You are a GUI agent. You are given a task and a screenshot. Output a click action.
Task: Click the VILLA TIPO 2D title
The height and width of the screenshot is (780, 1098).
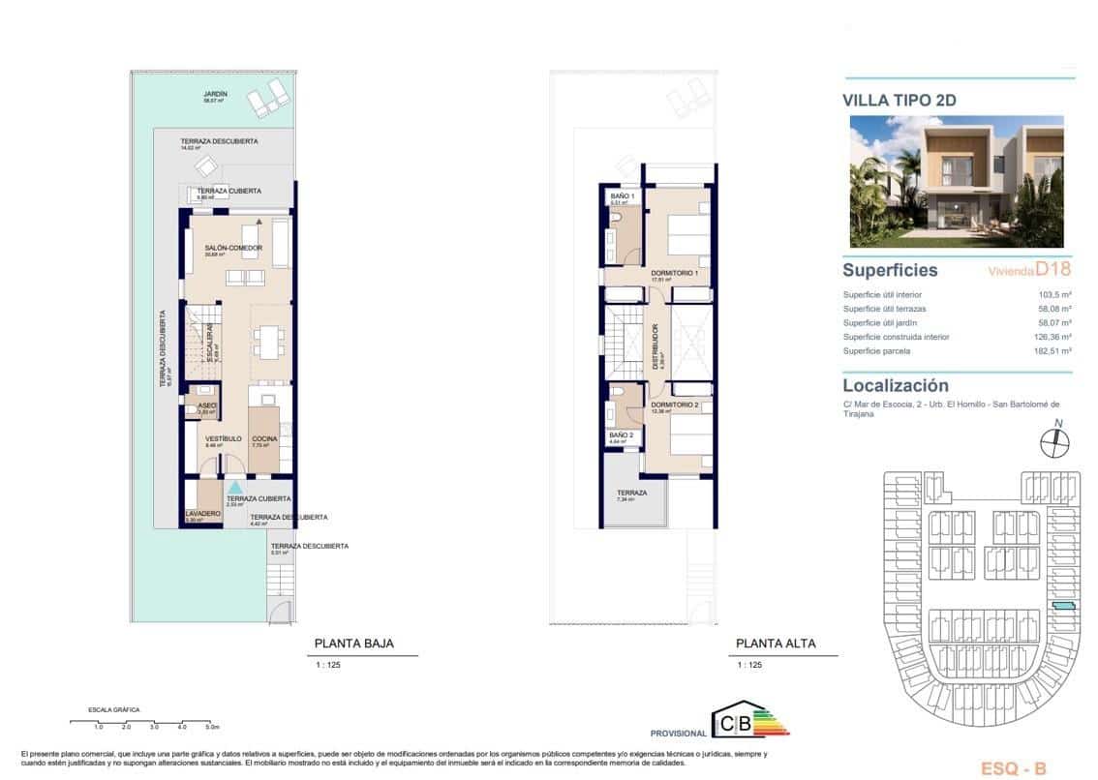coord(901,99)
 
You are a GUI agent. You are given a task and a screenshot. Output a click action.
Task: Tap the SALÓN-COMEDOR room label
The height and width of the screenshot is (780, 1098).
coord(233,249)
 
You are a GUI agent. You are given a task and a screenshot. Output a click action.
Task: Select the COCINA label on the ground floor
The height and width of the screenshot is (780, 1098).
coord(264,439)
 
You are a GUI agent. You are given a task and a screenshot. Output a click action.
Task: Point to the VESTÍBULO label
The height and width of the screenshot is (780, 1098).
coord(222,439)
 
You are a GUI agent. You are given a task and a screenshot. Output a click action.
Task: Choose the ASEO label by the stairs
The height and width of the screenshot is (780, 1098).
coord(207,405)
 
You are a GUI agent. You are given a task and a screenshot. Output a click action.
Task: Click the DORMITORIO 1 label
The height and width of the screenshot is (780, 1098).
coord(675,273)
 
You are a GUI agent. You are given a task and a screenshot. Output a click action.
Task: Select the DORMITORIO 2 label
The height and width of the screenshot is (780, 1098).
coord(675,404)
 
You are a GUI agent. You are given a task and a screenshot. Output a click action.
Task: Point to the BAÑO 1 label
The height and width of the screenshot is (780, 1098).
coord(622,196)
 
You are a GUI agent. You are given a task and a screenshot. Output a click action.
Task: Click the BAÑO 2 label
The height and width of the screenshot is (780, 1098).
coord(621,436)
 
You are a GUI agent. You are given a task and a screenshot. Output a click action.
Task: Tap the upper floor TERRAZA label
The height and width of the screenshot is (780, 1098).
coord(631,494)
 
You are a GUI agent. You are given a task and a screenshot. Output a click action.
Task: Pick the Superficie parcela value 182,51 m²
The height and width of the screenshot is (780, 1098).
coord(1054,351)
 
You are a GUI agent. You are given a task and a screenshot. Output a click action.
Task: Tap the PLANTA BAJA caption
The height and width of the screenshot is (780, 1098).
coord(353,644)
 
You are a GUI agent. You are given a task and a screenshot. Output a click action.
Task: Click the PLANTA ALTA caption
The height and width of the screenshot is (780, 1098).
coord(776,644)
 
